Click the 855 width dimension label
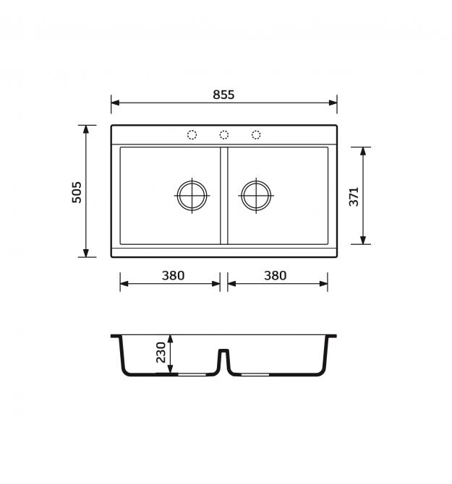coord(223,95)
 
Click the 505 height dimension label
coord(77,192)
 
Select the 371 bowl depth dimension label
coord(354,196)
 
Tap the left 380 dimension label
coord(173,275)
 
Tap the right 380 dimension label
coord(275,275)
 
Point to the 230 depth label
coord(161,353)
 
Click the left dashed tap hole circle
coord(192,135)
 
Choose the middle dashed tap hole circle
coord(224,135)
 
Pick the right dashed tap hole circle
coord(256,135)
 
